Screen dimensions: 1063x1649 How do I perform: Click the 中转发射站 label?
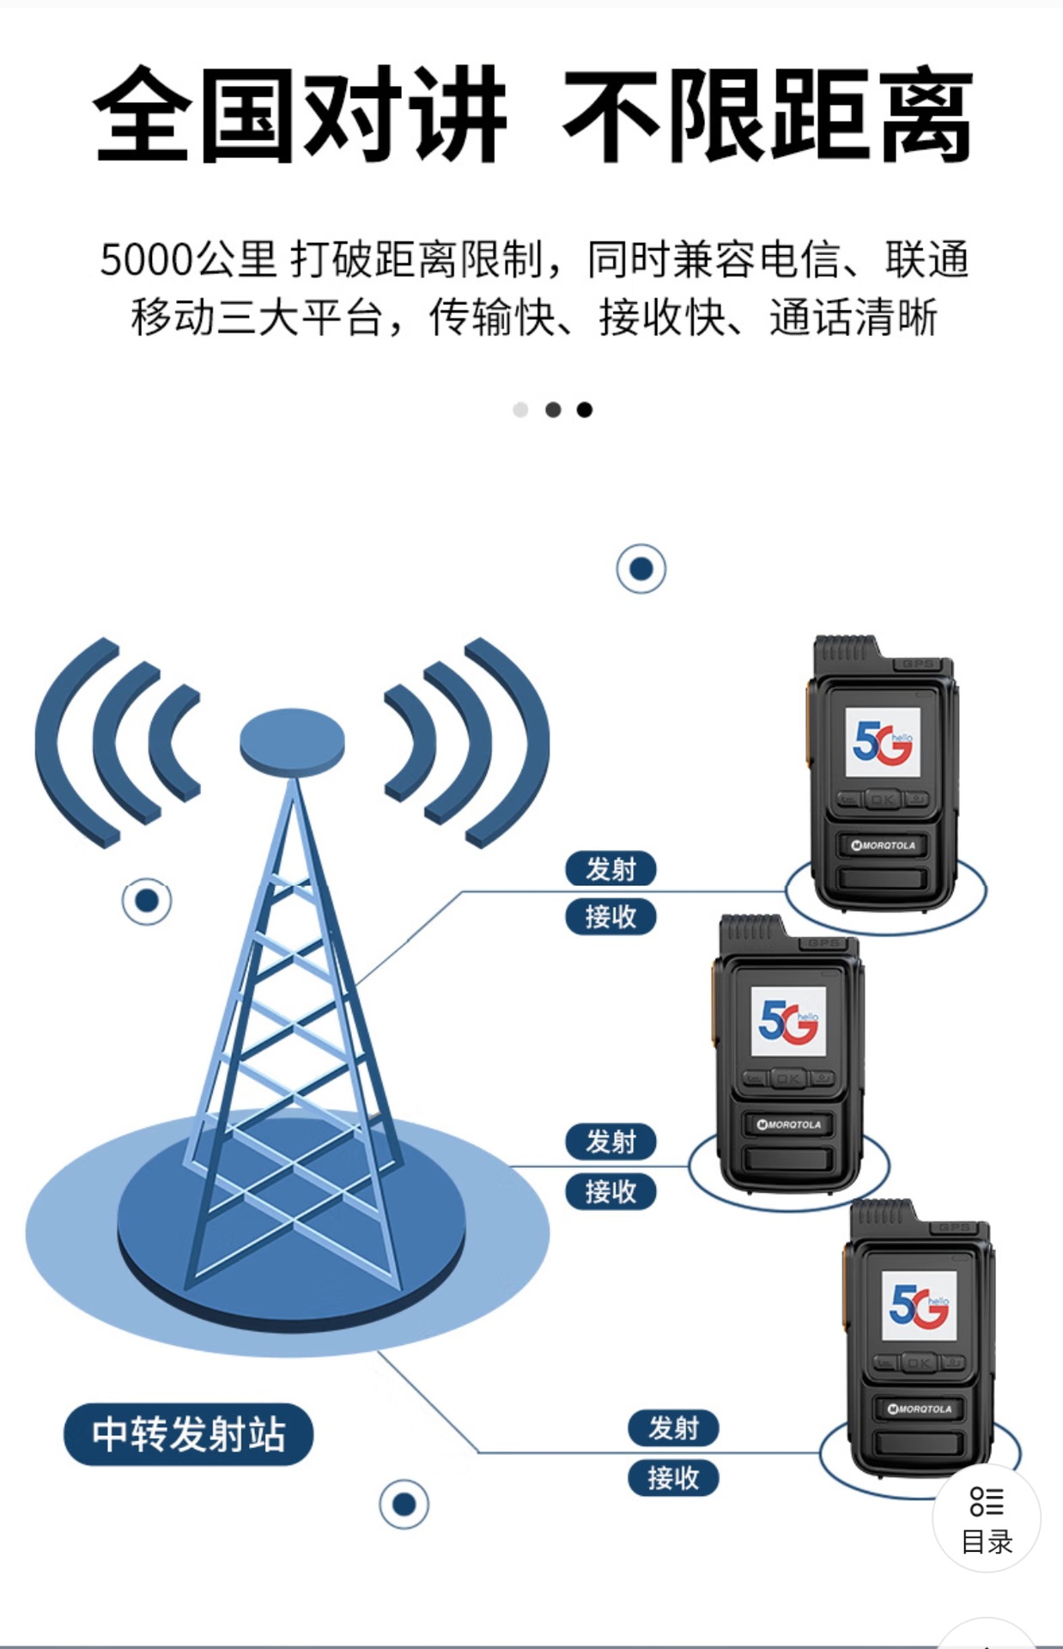188,1433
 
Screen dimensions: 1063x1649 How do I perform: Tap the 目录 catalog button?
987,1519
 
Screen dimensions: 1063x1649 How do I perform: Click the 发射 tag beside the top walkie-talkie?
610,868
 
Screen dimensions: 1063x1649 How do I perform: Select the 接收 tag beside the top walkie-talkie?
610,916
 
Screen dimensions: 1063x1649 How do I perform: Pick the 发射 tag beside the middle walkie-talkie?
610,1141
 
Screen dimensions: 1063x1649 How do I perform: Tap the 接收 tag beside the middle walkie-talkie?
610,1191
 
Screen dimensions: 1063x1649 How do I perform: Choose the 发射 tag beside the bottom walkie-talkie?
673,1427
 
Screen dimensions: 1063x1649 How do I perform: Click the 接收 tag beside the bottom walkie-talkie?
673,1478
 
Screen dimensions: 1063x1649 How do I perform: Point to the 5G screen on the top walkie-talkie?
883,742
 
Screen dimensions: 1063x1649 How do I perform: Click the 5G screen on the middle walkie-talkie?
788,1021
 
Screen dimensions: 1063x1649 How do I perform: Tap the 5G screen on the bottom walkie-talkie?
919,1305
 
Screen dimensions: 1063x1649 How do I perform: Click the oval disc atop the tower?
292,740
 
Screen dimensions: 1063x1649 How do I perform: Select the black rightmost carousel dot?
585,410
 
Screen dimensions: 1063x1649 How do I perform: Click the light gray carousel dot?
520,410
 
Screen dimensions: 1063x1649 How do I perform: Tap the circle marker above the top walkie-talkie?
641,569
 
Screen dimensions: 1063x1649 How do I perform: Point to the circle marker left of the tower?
147,901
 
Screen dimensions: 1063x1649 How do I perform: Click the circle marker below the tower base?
404,1504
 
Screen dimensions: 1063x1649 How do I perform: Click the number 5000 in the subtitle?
145,259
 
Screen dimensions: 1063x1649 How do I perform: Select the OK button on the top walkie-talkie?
882,800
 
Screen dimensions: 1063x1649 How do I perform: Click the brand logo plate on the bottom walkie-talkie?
920,1409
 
